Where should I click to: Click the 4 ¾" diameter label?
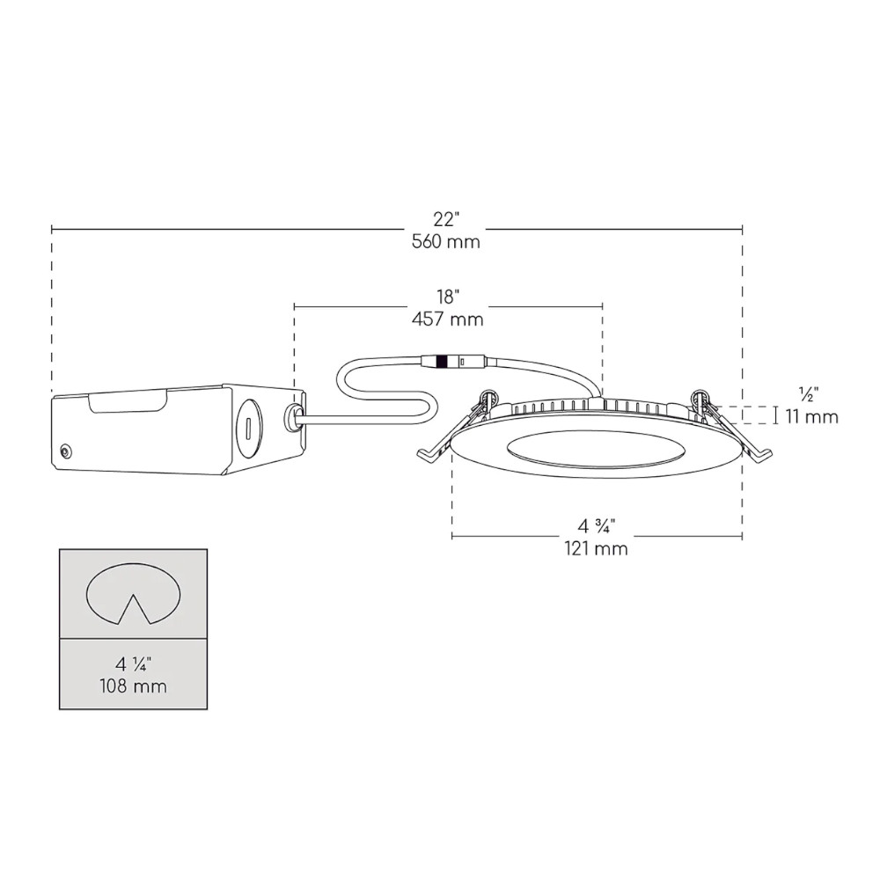pyautogui.click(x=596, y=527)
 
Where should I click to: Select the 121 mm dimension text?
pyautogui.click(x=596, y=550)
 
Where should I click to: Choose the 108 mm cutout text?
pyautogui.click(x=134, y=684)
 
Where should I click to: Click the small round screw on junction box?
pyautogui.click(x=65, y=451)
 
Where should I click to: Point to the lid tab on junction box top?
pyautogui.click(x=130, y=402)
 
